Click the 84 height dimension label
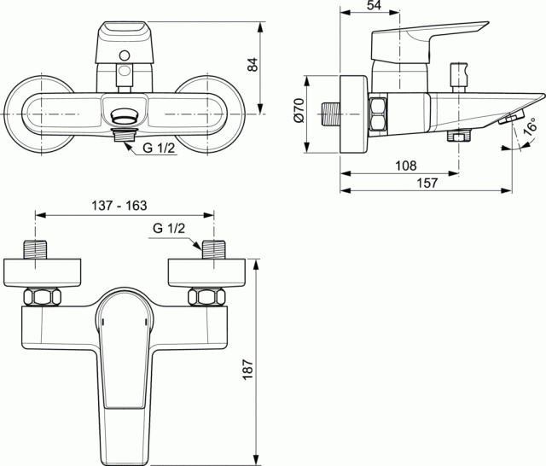pos(253,65)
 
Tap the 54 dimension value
pos(374,5)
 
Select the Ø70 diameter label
pos(299,110)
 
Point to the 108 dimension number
pos(406,166)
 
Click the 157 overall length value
pos(427,183)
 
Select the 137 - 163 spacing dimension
pos(119,206)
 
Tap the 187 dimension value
pos(247,370)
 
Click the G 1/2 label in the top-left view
pos(159,148)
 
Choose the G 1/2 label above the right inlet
pos(169,229)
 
